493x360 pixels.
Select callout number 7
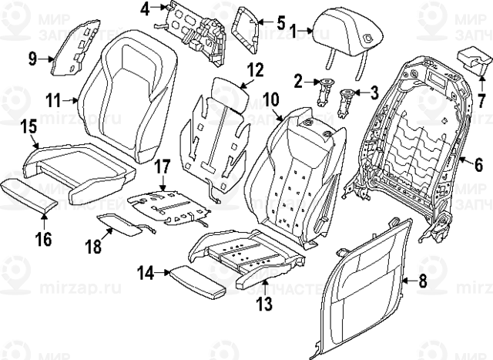click(481, 99)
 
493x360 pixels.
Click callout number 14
click(146, 271)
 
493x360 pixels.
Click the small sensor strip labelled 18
click(126, 224)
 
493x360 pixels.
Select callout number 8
click(421, 282)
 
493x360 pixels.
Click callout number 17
click(161, 166)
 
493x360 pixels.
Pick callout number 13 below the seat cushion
click(264, 304)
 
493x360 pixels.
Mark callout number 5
click(281, 21)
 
